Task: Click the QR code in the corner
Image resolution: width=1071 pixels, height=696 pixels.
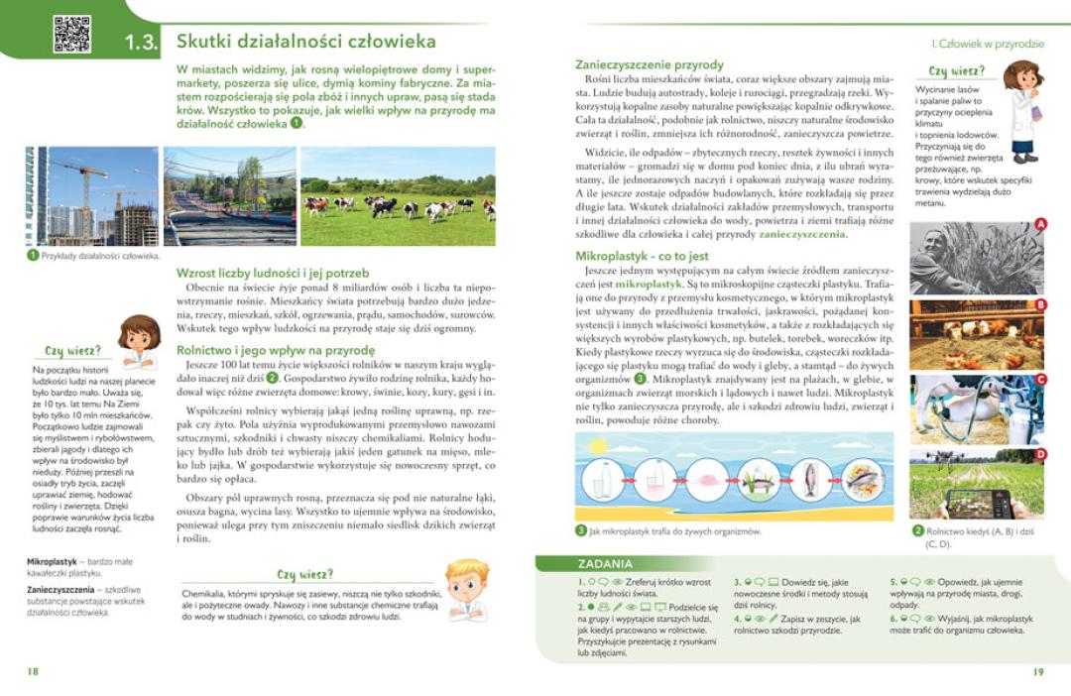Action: tap(72, 34)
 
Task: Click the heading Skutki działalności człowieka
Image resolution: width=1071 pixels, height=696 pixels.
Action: tap(305, 42)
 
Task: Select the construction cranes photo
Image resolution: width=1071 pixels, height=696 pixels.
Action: tap(92, 196)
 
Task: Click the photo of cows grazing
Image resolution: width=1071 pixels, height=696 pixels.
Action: tap(398, 196)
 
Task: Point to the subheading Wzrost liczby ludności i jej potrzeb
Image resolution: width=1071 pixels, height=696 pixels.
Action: tap(273, 273)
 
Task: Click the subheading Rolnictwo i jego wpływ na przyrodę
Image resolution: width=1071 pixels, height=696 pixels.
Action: tap(276, 350)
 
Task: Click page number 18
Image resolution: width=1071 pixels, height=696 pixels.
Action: tap(33, 671)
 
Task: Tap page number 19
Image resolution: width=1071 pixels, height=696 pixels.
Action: tap(1038, 671)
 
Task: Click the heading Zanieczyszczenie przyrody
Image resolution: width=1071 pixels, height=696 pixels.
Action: tap(650, 64)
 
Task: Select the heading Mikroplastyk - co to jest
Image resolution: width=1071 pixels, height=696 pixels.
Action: tap(642, 256)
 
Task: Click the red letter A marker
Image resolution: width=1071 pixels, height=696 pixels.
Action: tap(1040, 225)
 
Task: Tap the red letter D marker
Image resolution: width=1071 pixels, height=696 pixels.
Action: tap(1040, 454)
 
